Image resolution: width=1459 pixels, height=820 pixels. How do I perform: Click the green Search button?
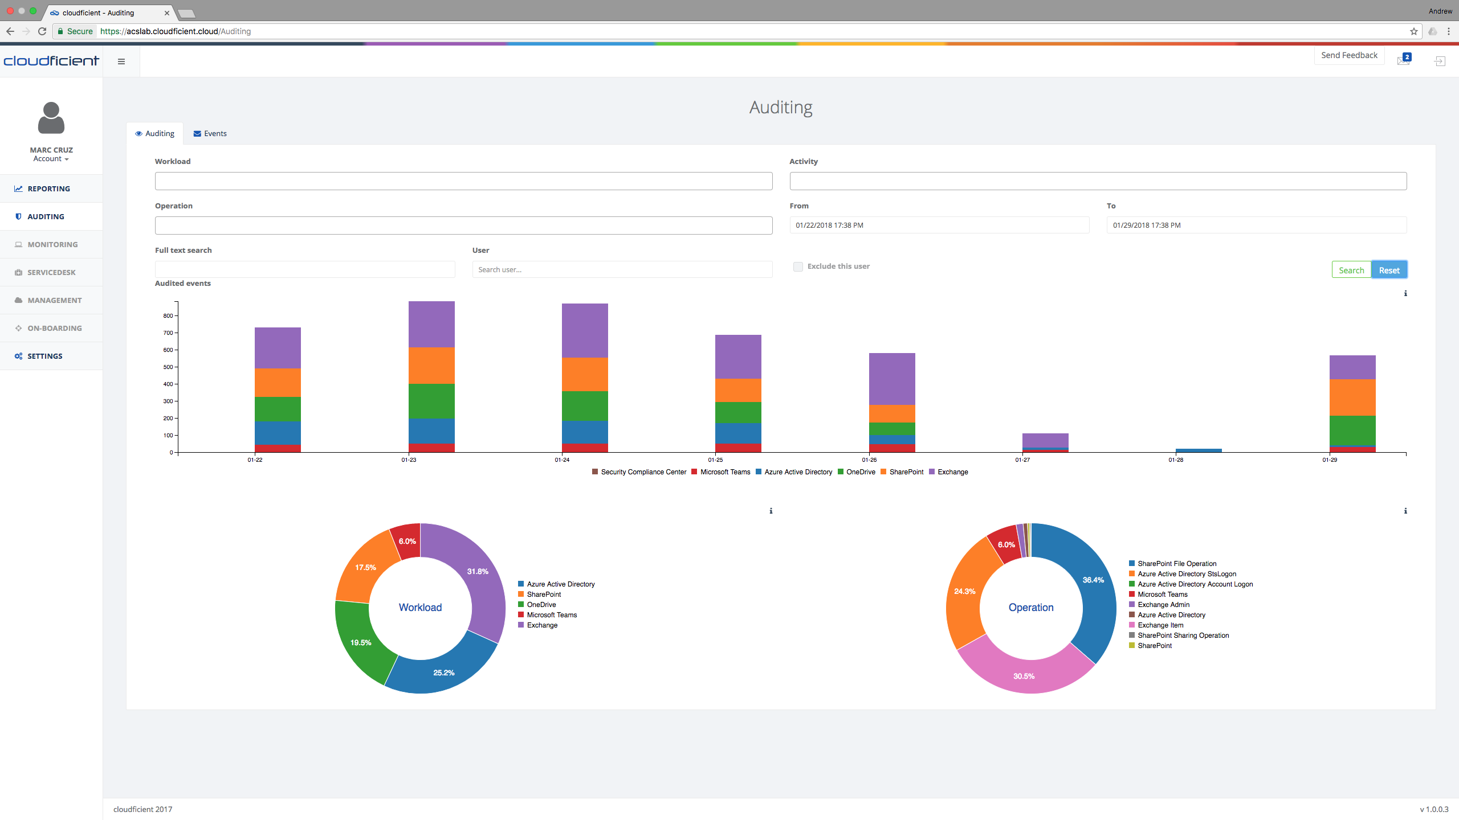coord(1351,270)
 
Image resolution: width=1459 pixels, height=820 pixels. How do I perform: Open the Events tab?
coord(210,133)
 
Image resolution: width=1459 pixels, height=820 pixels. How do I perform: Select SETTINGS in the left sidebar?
coord(44,356)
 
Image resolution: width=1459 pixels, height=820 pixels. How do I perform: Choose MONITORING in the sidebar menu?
coord(52,244)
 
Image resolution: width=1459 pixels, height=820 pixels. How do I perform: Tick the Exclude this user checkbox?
coord(798,266)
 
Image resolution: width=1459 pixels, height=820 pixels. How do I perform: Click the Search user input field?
coord(622,269)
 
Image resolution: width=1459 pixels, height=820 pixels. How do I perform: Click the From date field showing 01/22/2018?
coord(939,225)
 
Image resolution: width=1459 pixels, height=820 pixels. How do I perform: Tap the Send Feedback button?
coord(1348,55)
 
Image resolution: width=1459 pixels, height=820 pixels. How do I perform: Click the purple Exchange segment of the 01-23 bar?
coord(431,323)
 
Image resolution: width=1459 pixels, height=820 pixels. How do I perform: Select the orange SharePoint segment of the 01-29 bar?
coord(1352,397)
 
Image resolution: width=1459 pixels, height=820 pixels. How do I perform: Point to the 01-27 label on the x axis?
coord(1022,460)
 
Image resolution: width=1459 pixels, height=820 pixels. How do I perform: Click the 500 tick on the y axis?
coord(168,367)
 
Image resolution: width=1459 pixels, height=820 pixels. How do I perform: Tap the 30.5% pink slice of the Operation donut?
coord(1024,676)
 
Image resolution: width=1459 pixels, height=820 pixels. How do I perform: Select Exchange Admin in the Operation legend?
coord(1163,604)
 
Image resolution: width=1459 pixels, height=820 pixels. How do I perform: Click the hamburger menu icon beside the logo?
coord(121,61)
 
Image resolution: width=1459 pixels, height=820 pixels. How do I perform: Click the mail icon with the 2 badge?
coord(1403,60)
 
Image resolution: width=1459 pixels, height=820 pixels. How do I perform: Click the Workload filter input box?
coord(463,181)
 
